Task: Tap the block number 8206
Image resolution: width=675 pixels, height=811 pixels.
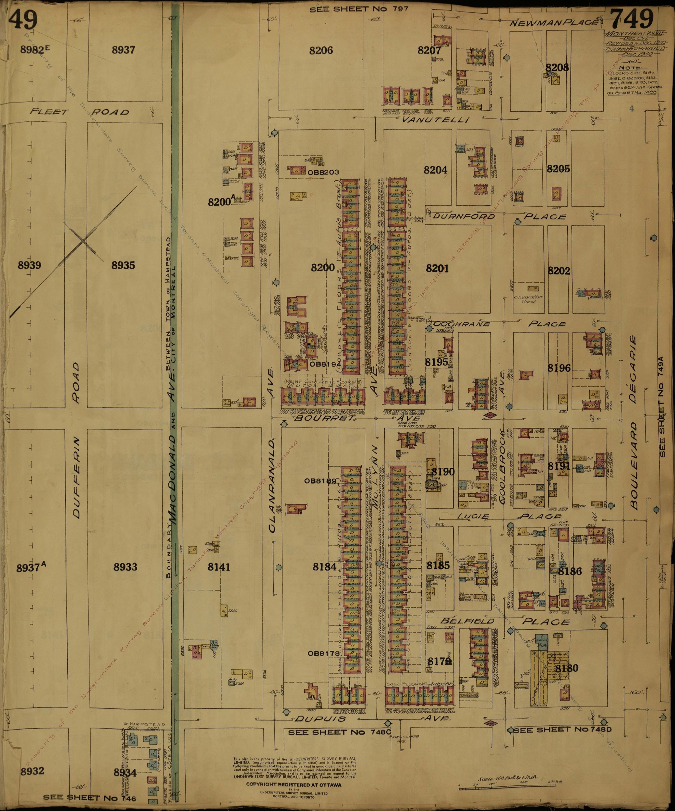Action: point(321,50)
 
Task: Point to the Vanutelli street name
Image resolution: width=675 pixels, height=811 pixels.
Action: point(435,120)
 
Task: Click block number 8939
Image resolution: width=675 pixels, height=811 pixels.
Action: point(29,265)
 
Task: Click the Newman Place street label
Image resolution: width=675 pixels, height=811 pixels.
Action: point(553,23)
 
